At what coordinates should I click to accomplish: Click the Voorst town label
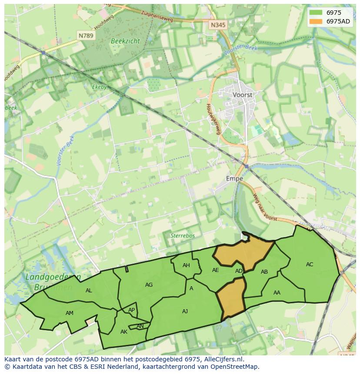242,94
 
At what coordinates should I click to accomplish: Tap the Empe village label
234,179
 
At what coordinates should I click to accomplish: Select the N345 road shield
218,25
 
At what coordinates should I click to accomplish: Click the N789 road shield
86,36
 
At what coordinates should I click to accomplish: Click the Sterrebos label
183,235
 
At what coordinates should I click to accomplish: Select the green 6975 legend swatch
316,13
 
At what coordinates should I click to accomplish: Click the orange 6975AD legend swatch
316,21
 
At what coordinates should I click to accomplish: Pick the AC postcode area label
310,264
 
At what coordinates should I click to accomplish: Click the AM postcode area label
70,313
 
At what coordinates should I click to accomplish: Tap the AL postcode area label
89,291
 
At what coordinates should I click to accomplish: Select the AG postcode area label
149,285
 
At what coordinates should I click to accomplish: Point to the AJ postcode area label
185,311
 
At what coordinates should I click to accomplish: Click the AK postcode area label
124,331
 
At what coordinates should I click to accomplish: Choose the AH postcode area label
186,265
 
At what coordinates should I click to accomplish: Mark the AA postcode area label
277,292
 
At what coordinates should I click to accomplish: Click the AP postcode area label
131,310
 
